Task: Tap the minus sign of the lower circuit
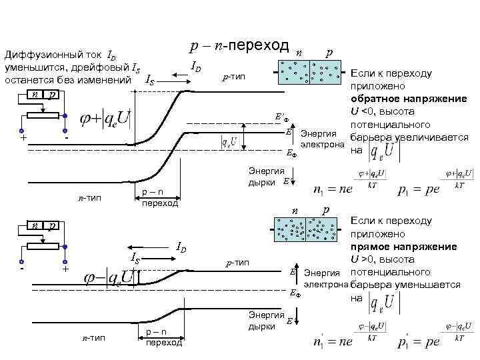(23, 270)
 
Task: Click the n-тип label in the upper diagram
(90, 198)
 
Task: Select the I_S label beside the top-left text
(152, 80)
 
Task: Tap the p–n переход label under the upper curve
(159, 197)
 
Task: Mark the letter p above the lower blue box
(325, 210)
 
